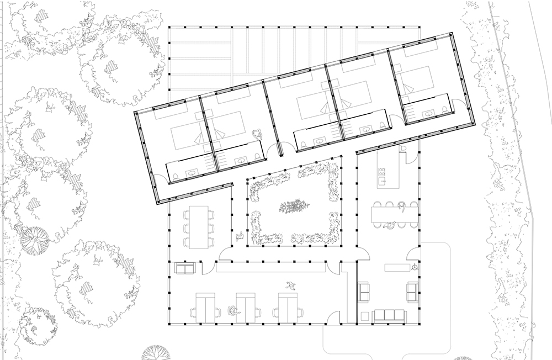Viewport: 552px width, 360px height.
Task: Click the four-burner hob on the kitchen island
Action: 381,179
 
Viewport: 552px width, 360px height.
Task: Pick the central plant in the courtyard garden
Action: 291,208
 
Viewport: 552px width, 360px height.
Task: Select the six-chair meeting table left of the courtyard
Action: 197,227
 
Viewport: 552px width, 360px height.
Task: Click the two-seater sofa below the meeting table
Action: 184,269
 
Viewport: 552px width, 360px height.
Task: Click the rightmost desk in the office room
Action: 287,305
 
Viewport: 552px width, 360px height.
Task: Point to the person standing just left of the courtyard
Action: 240,237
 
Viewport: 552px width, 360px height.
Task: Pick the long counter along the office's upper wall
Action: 271,268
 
